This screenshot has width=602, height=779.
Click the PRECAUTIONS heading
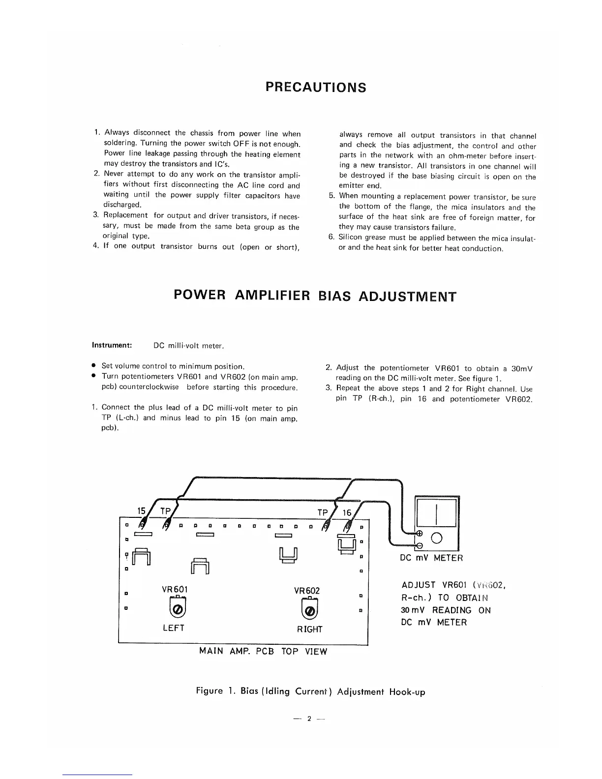coord(316,88)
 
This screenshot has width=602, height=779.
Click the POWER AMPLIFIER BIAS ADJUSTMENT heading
coord(315,296)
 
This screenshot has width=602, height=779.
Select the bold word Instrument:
coord(112,345)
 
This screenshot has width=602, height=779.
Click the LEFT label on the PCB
coord(173,628)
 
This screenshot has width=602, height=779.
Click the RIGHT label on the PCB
coord(310,629)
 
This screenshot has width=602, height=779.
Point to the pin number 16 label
coord(347,513)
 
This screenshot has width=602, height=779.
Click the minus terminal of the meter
coord(420,545)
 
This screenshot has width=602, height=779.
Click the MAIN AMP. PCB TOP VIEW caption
coord(263,651)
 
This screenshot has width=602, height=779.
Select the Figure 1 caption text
coord(310,691)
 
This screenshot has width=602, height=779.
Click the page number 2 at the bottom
coord(309,719)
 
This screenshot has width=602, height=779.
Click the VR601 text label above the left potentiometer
coord(175,589)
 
